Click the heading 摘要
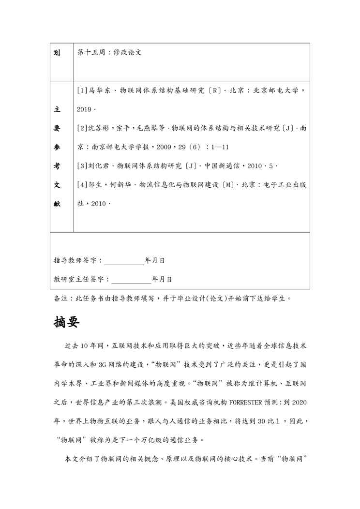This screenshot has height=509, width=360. tap(66, 322)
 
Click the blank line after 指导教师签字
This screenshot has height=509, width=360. tap(124, 261)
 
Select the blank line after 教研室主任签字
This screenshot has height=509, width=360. tap(132, 279)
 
